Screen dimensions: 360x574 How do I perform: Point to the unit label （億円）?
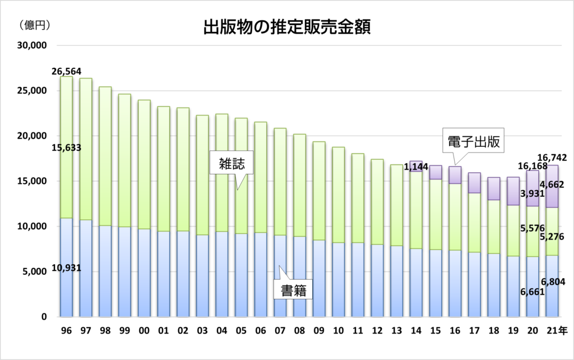[x=35, y=25]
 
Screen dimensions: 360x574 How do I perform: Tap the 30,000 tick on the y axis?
[x=33, y=45]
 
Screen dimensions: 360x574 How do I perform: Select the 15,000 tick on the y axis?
[x=33, y=181]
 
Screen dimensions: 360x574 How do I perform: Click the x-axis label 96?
[x=66, y=331]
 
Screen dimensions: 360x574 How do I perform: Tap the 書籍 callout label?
[x=292, y=290]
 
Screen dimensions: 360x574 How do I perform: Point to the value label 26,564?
[x=66, y=71]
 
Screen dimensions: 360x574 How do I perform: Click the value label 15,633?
[x=66, y=148]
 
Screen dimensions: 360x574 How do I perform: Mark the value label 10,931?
[x=66, y=268]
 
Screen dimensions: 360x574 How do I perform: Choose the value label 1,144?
[x=416, y=167]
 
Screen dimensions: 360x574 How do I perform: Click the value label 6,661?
[x=533, y=308]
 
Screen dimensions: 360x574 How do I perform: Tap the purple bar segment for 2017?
[x=475, y=183]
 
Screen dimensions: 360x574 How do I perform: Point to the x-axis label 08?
[x=299, y=331]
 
